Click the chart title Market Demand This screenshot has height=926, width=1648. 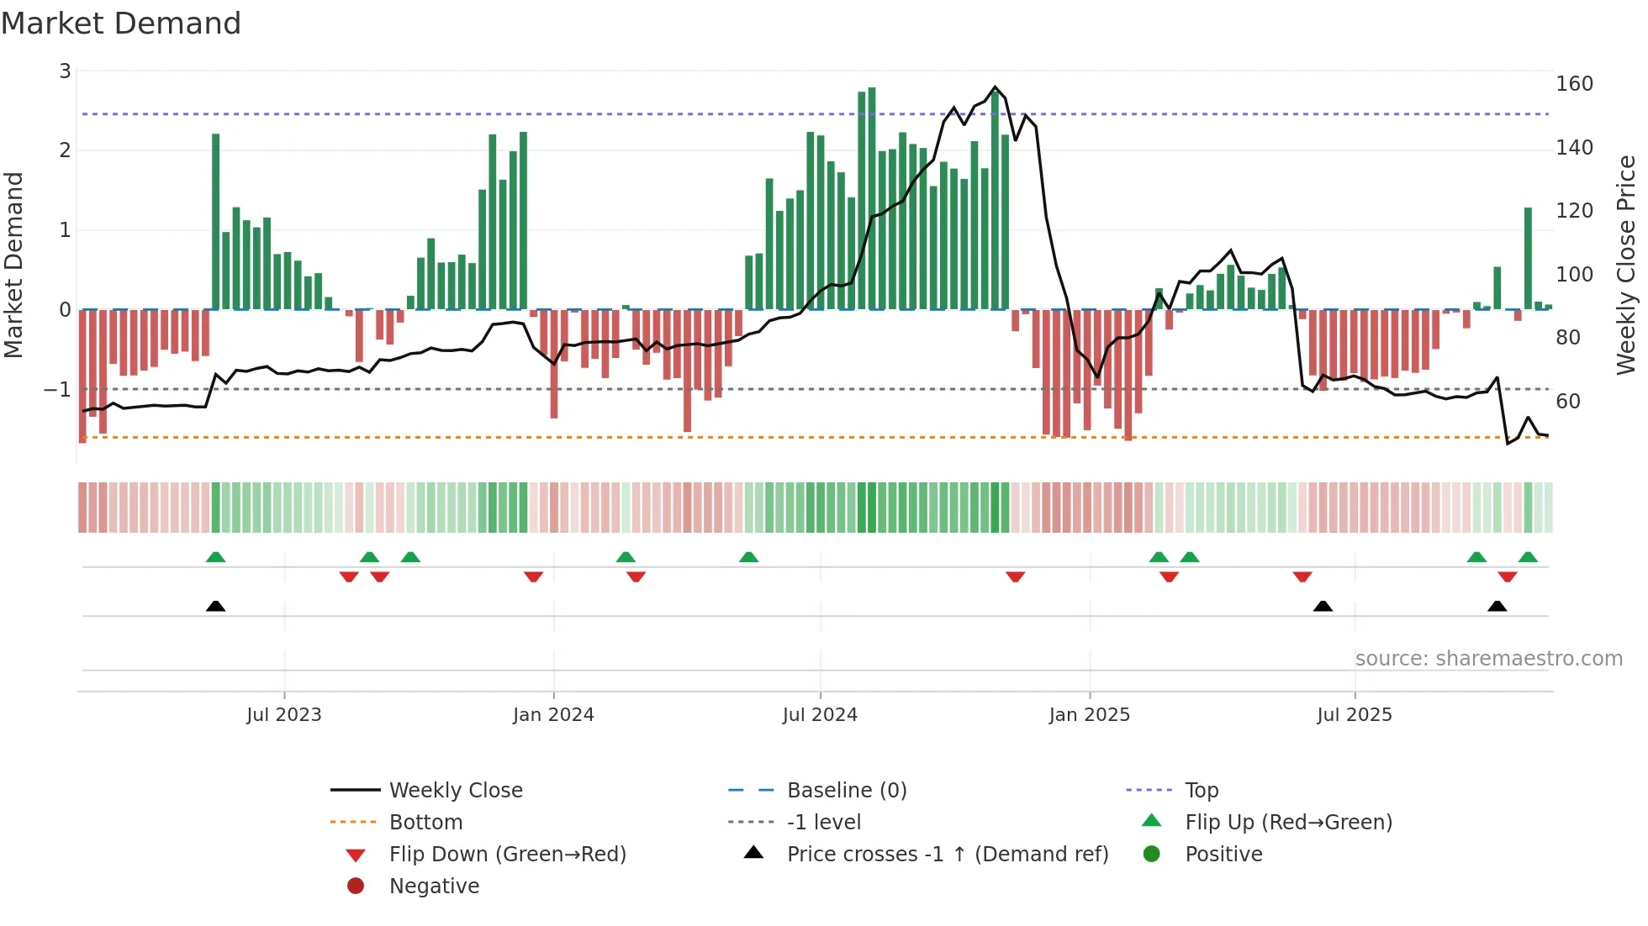pyautogui.click(x=121, y=24)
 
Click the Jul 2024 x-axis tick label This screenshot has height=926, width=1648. pyautogui.click(x=820, y=715)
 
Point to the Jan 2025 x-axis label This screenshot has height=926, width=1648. pyautogui.click(x=1089, y=715)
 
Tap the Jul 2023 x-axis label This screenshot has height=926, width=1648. pyautogui.click(x=284, y=715)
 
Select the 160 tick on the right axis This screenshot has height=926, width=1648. pyautogui.click(x=1574, y=84)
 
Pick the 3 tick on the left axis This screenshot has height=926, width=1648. pyautogui.click(x=65, y=71)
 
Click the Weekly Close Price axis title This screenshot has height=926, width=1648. pyautogui.click(x=1626, y=265)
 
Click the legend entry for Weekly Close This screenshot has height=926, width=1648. pyautogui.click(x=455, y=791)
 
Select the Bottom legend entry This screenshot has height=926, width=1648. pyautogui.click(x=425, y=823)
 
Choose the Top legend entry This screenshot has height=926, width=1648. pyautogui.click(x=1202, y=791)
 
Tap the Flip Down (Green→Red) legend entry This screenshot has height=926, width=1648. pyautogui.click(x=507, y=855)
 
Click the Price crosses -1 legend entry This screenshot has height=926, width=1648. pyautogui.click(x=947, y=855)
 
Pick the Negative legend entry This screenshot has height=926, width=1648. pyautogui.click(x=434, y=887)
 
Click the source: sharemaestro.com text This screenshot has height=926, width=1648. pyautogui.click(x=1488, y=659)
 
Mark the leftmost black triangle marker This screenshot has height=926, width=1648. pyautogui.click(x=215, y=607)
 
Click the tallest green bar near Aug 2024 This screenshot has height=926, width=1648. pyautogui.click(x=872, y=197)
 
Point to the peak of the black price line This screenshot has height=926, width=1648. pyautogui.click(x=996, y=87)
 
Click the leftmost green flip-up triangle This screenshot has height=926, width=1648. pyautogui.click(x=215, y=557)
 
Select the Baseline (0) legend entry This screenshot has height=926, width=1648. pyautogui.click(x=846, y=791)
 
